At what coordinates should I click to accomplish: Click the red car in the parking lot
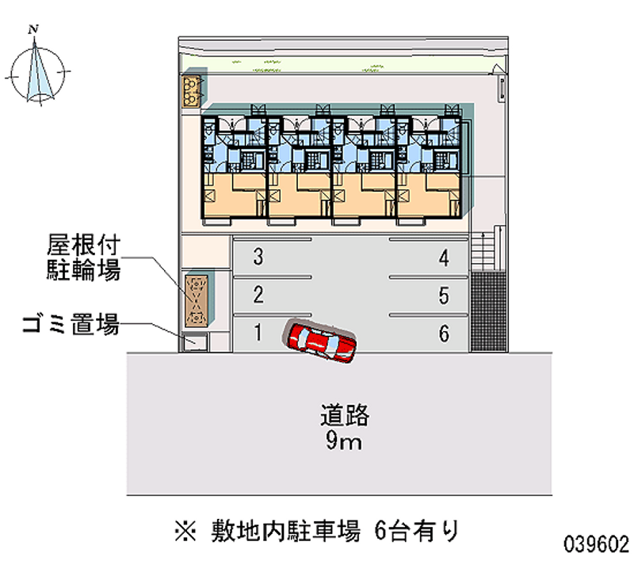(x=323, y=341)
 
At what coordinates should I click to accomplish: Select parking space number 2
(x=258, y=296)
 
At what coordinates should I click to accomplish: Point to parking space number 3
(x=258, y=257)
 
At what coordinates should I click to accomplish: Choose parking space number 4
(x=444, y=257)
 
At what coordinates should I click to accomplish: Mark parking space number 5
(x=444, y=296)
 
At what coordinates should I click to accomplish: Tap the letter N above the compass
(x=32, y=29)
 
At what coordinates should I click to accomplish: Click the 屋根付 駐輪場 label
(x=82, y=258)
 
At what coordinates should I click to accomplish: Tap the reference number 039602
(x=597, y=546)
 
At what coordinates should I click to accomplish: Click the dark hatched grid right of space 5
(x=487, y=310)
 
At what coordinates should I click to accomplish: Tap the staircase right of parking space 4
(x=489, y=250)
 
